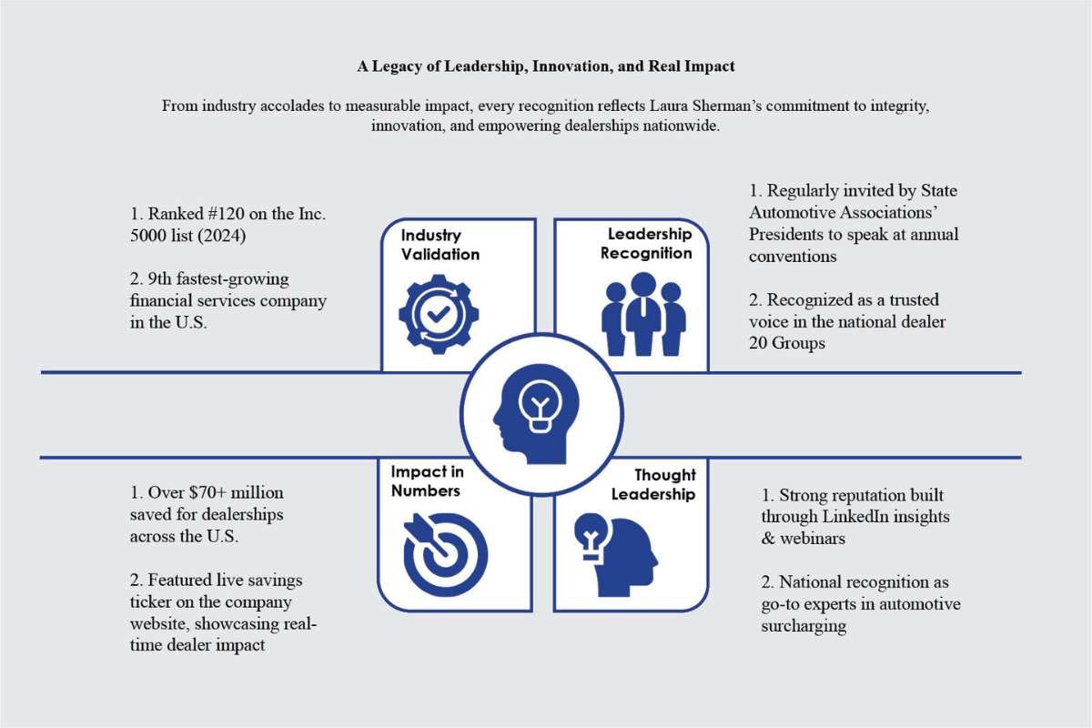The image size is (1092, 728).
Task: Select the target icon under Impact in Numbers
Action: [x=446, y=552]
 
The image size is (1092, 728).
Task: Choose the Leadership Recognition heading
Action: [x=646, y=244]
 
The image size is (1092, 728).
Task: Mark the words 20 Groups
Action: [x=787, y=343]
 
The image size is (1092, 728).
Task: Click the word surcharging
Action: [x=804, y=626]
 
